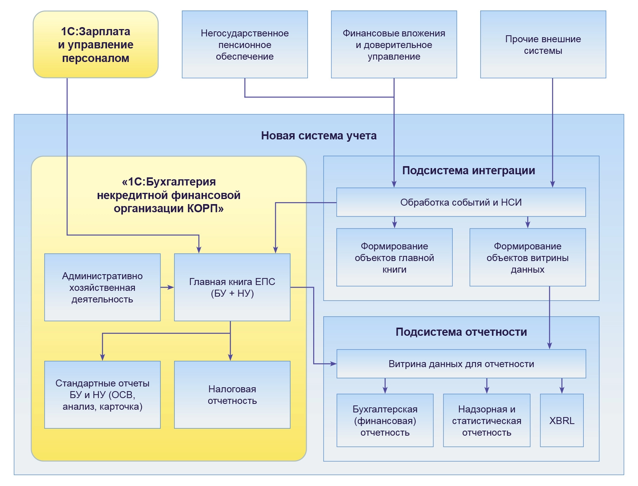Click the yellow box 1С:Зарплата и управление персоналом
pos(96,45)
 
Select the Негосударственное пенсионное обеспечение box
pos(245,45)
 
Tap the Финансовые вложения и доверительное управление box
pos(394,45)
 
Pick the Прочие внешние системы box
pos(543,45)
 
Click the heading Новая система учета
pos(319,136)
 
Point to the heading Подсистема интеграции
pos(468,170)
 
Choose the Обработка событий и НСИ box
pos(461,202)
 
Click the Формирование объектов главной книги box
pos(394,258)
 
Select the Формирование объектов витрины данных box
pos(528,258)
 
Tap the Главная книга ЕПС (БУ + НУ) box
pos(232,287)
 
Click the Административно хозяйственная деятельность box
pos(102,287)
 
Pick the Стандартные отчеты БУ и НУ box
pos(102,395)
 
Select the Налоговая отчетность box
pos(232,395)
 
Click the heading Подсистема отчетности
pos(461,332)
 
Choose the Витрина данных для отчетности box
pos(461,364)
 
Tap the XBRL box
pos(562,421)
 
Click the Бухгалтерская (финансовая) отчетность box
pos(385,421)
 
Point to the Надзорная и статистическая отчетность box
pos(486,421)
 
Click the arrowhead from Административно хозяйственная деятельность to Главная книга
pos(171,287)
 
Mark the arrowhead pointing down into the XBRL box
pos(562,391)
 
